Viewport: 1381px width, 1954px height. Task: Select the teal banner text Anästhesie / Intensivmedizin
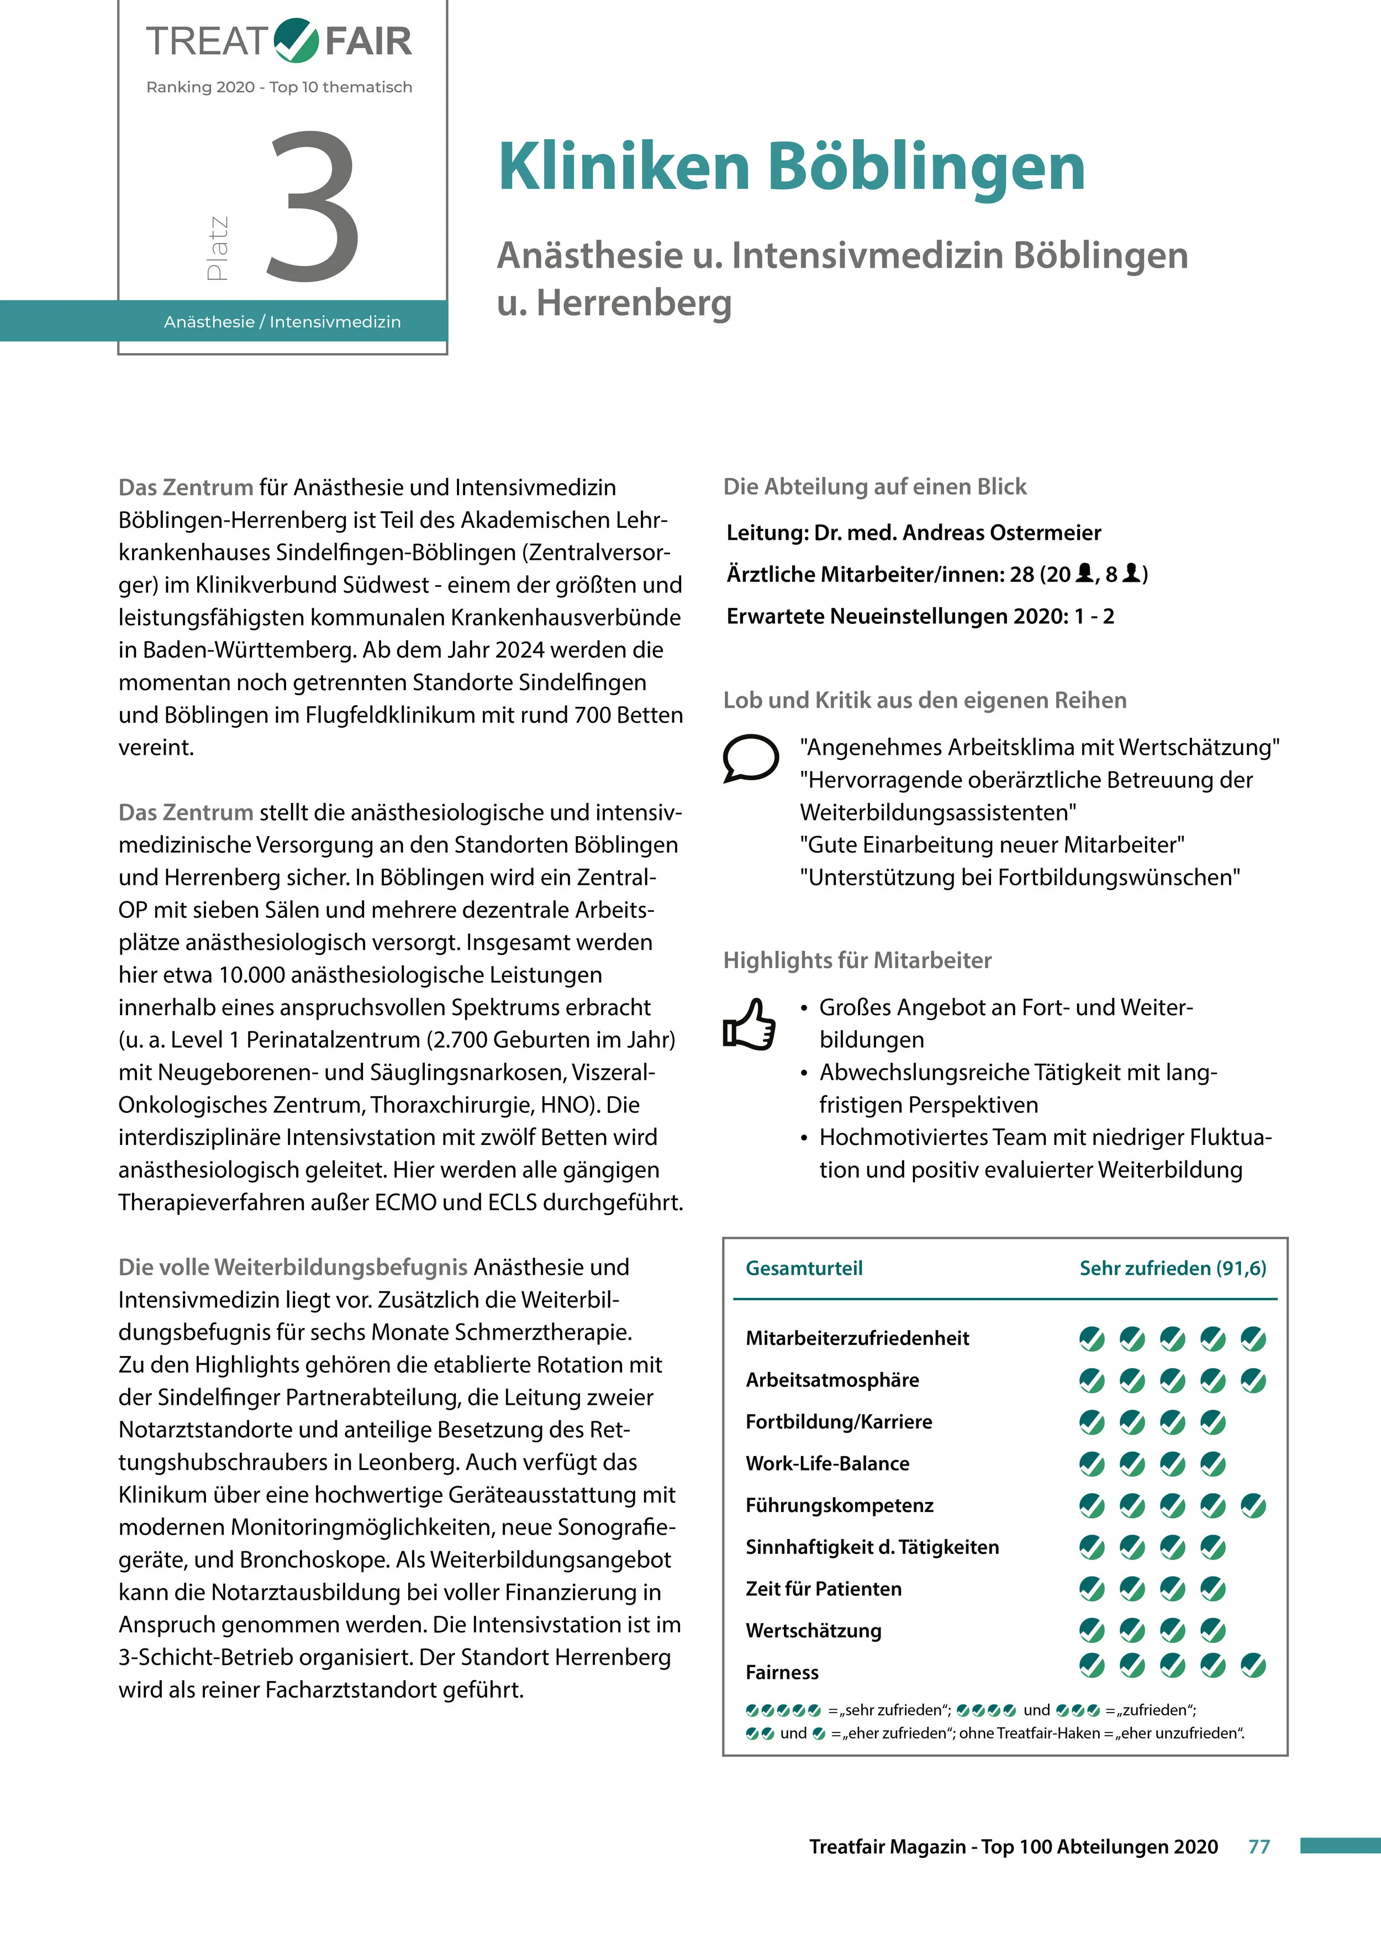click(282, 322)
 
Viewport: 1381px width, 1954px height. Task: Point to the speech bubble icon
click(750, 757)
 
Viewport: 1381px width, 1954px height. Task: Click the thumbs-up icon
click(749, 1024)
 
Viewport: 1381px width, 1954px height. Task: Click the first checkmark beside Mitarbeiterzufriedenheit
click(1091, 1339)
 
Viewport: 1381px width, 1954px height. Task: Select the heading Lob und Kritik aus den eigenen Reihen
click(924, 700)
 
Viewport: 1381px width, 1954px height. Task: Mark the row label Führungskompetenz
click(839, 1505)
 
